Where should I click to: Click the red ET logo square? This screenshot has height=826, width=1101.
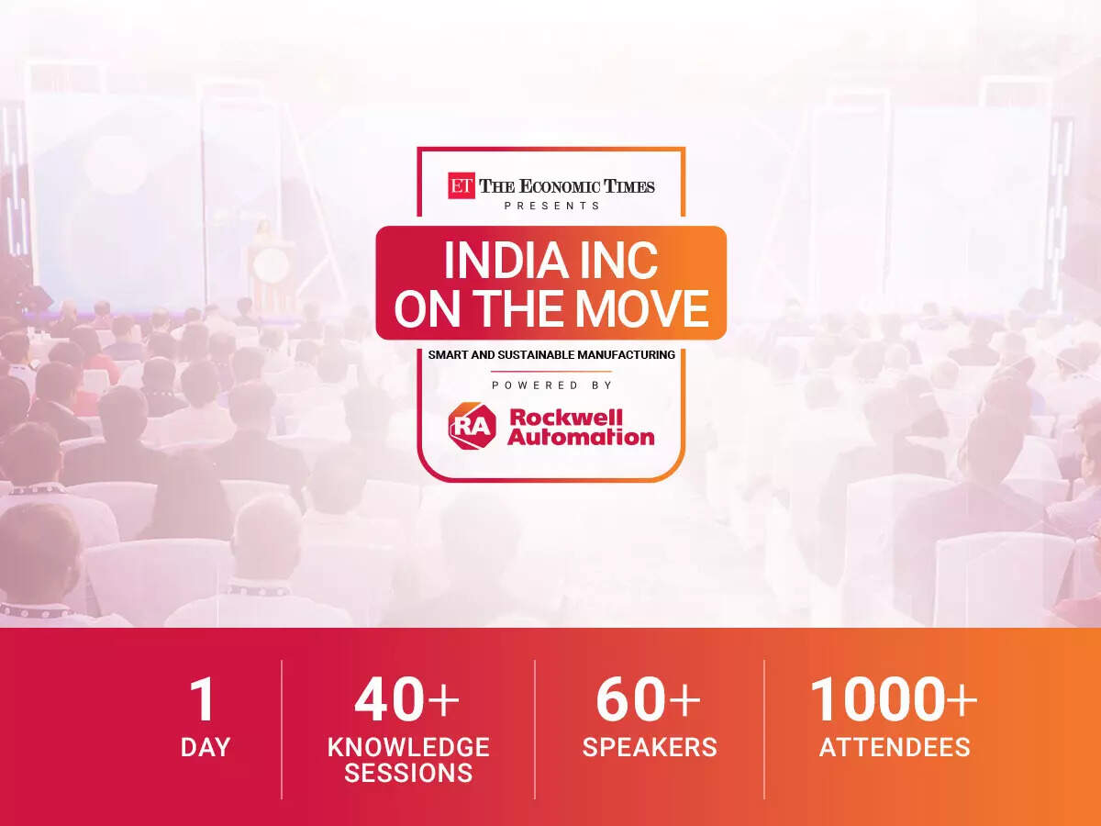461,185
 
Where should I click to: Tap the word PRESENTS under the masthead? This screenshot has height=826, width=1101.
551,206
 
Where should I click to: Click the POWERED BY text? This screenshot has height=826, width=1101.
551,385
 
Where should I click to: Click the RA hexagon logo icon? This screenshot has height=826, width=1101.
472,426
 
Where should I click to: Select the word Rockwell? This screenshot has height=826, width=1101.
565,418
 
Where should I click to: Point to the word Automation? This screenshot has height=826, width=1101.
581,436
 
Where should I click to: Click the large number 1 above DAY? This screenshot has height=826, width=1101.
203,699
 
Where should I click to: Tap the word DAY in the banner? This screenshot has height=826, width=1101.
206,747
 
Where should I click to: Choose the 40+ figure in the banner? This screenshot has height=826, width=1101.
406,699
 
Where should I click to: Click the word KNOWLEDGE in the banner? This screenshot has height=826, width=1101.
408,747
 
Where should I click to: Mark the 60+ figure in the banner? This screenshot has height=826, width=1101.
648,699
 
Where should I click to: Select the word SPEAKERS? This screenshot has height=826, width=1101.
650,747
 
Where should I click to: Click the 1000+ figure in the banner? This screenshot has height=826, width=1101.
894,699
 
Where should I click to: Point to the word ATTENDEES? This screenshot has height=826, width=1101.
895,747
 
